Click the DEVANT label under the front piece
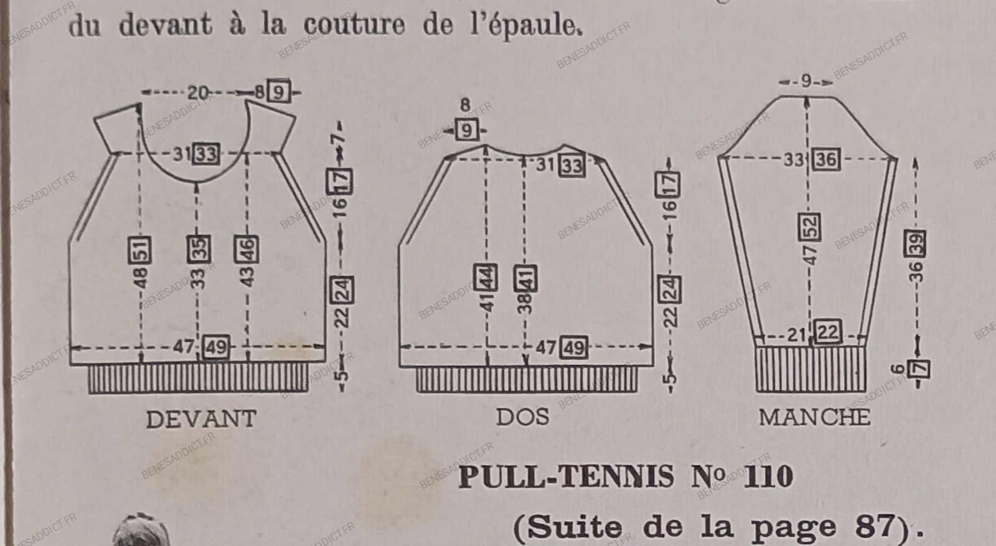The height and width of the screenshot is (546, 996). [201, 419]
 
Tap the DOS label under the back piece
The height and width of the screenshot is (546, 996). [523, 417]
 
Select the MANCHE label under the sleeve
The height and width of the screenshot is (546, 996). [814, 417]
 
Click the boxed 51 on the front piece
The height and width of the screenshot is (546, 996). [140, 250]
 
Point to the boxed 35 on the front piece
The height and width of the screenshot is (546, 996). [198, 249]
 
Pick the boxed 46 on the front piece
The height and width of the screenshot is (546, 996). [247, 250]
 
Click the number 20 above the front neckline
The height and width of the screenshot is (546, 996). [198, 93]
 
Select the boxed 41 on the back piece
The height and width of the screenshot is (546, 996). [526, 278]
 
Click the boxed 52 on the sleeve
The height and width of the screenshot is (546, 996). [809, 227]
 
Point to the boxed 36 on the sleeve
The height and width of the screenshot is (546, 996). [826, 159]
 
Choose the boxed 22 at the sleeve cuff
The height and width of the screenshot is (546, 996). [827, 332]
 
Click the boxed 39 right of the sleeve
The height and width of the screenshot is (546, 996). [916, 243]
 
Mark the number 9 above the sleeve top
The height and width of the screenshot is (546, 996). [806, 81]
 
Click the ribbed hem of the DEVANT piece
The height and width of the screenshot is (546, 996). [198, 379]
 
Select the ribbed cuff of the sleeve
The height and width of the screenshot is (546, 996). [810, 369]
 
